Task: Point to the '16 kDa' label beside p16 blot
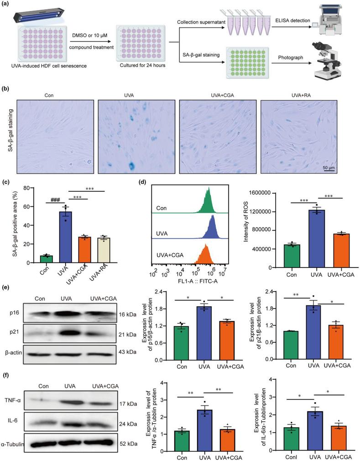click(136, 314)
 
